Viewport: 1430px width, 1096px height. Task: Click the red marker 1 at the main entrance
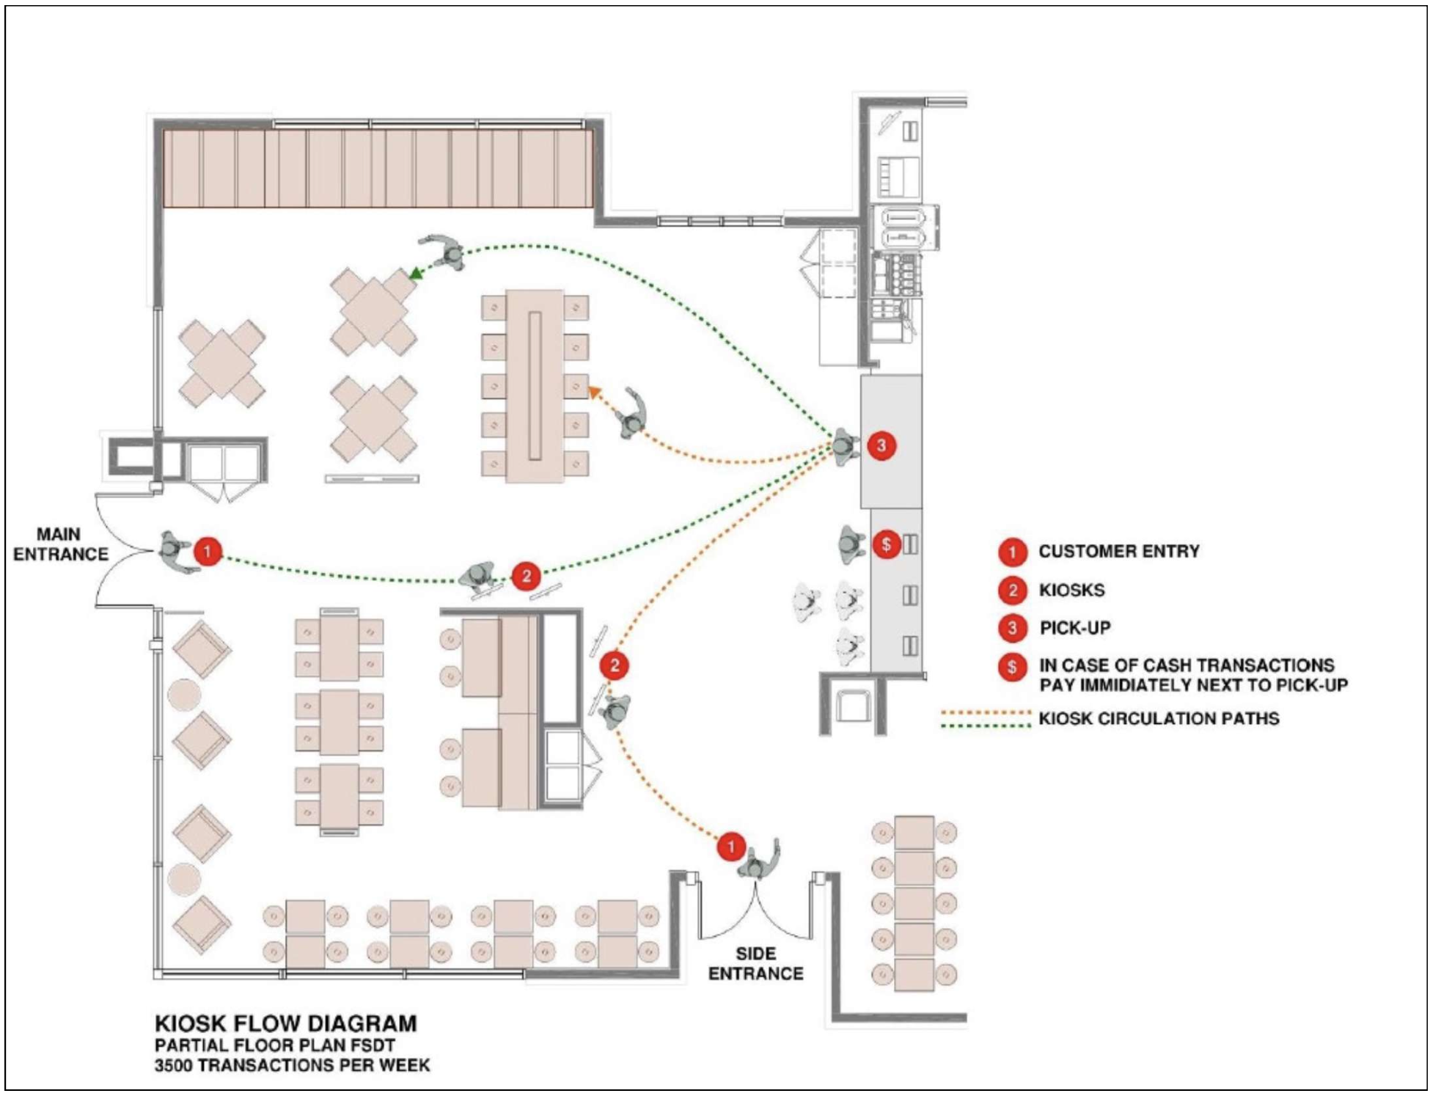[x=208, y=551]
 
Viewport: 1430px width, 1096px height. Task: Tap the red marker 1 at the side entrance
[x=730, y=847]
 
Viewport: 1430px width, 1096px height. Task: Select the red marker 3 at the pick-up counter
[x=881, y=445]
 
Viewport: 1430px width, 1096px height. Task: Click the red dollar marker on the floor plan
[x=887, y=544]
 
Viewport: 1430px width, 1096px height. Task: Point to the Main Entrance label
[x=60, y=544]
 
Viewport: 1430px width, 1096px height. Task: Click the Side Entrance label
[x=755, y=963]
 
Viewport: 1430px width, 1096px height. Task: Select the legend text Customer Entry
[x=1118, y=551]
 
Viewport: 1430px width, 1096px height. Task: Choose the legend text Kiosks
[x=1071, y=590]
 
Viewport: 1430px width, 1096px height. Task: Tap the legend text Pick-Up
[x=1074, y=628]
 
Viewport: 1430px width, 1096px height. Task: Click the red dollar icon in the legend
[x=1012, y=667]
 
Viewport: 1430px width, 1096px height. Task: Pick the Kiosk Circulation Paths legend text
[x=1159, y=718]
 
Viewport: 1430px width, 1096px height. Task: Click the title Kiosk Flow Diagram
[x=285, y=1023]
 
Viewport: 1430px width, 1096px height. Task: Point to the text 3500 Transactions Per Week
[x=292, y=1065]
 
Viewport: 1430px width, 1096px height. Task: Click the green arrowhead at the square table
[x=415, y=274]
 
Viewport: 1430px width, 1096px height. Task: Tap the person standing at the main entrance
[x=174, y=550]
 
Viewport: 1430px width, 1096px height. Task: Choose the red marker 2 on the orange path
[x=615, y=665]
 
